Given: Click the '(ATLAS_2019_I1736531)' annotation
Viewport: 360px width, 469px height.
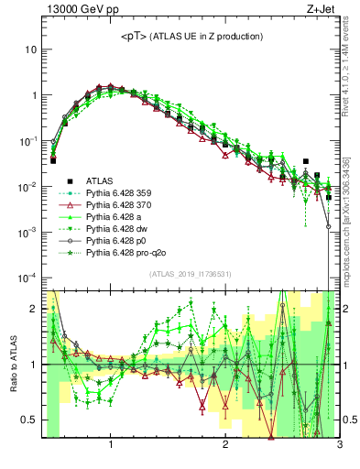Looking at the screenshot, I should point(191,274).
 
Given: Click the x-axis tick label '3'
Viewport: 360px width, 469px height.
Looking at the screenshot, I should point(339,446).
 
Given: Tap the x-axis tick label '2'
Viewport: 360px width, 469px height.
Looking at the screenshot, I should point(225,446).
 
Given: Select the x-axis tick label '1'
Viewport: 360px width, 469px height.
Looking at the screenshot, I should point(111,446).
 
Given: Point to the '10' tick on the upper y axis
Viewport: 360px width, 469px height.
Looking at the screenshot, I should point(30,49).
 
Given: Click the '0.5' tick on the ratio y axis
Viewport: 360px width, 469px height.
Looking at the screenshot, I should point(28,420).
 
